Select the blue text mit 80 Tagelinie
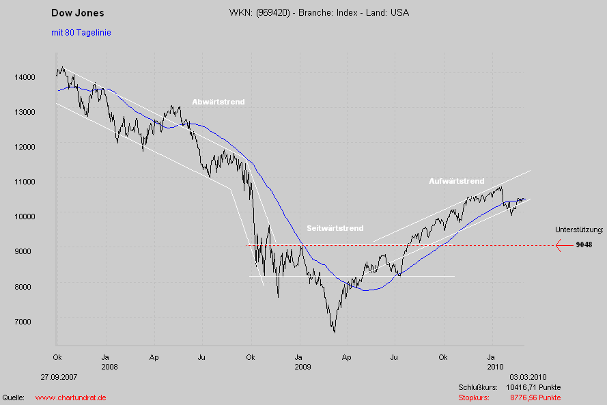coord(81,32)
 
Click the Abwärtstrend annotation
coord(218,102)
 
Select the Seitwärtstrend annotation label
coord(335,228)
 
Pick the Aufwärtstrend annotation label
coord(456,181)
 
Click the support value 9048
coord(584,245)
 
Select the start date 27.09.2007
coord(58,376)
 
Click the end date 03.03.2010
coord(528,376)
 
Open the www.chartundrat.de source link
coord(70,397)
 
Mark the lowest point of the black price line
coord(335,333)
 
